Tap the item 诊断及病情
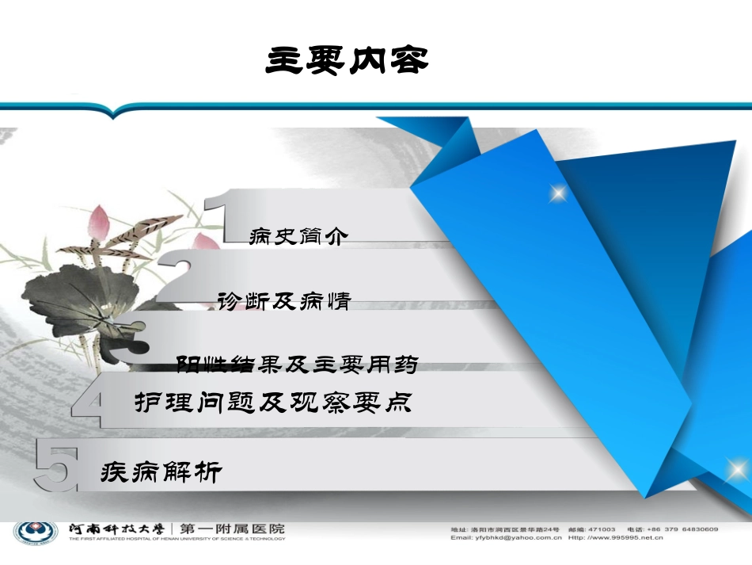click(x=283, y=301)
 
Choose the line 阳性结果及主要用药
click(x=297, y=365)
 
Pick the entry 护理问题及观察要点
click(x=273, y=403)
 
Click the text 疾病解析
click(x=161, y=473)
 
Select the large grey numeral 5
click(x=57, y=470)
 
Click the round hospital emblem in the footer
click(x=34, y=533)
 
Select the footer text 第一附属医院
click(x=233, y=529)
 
